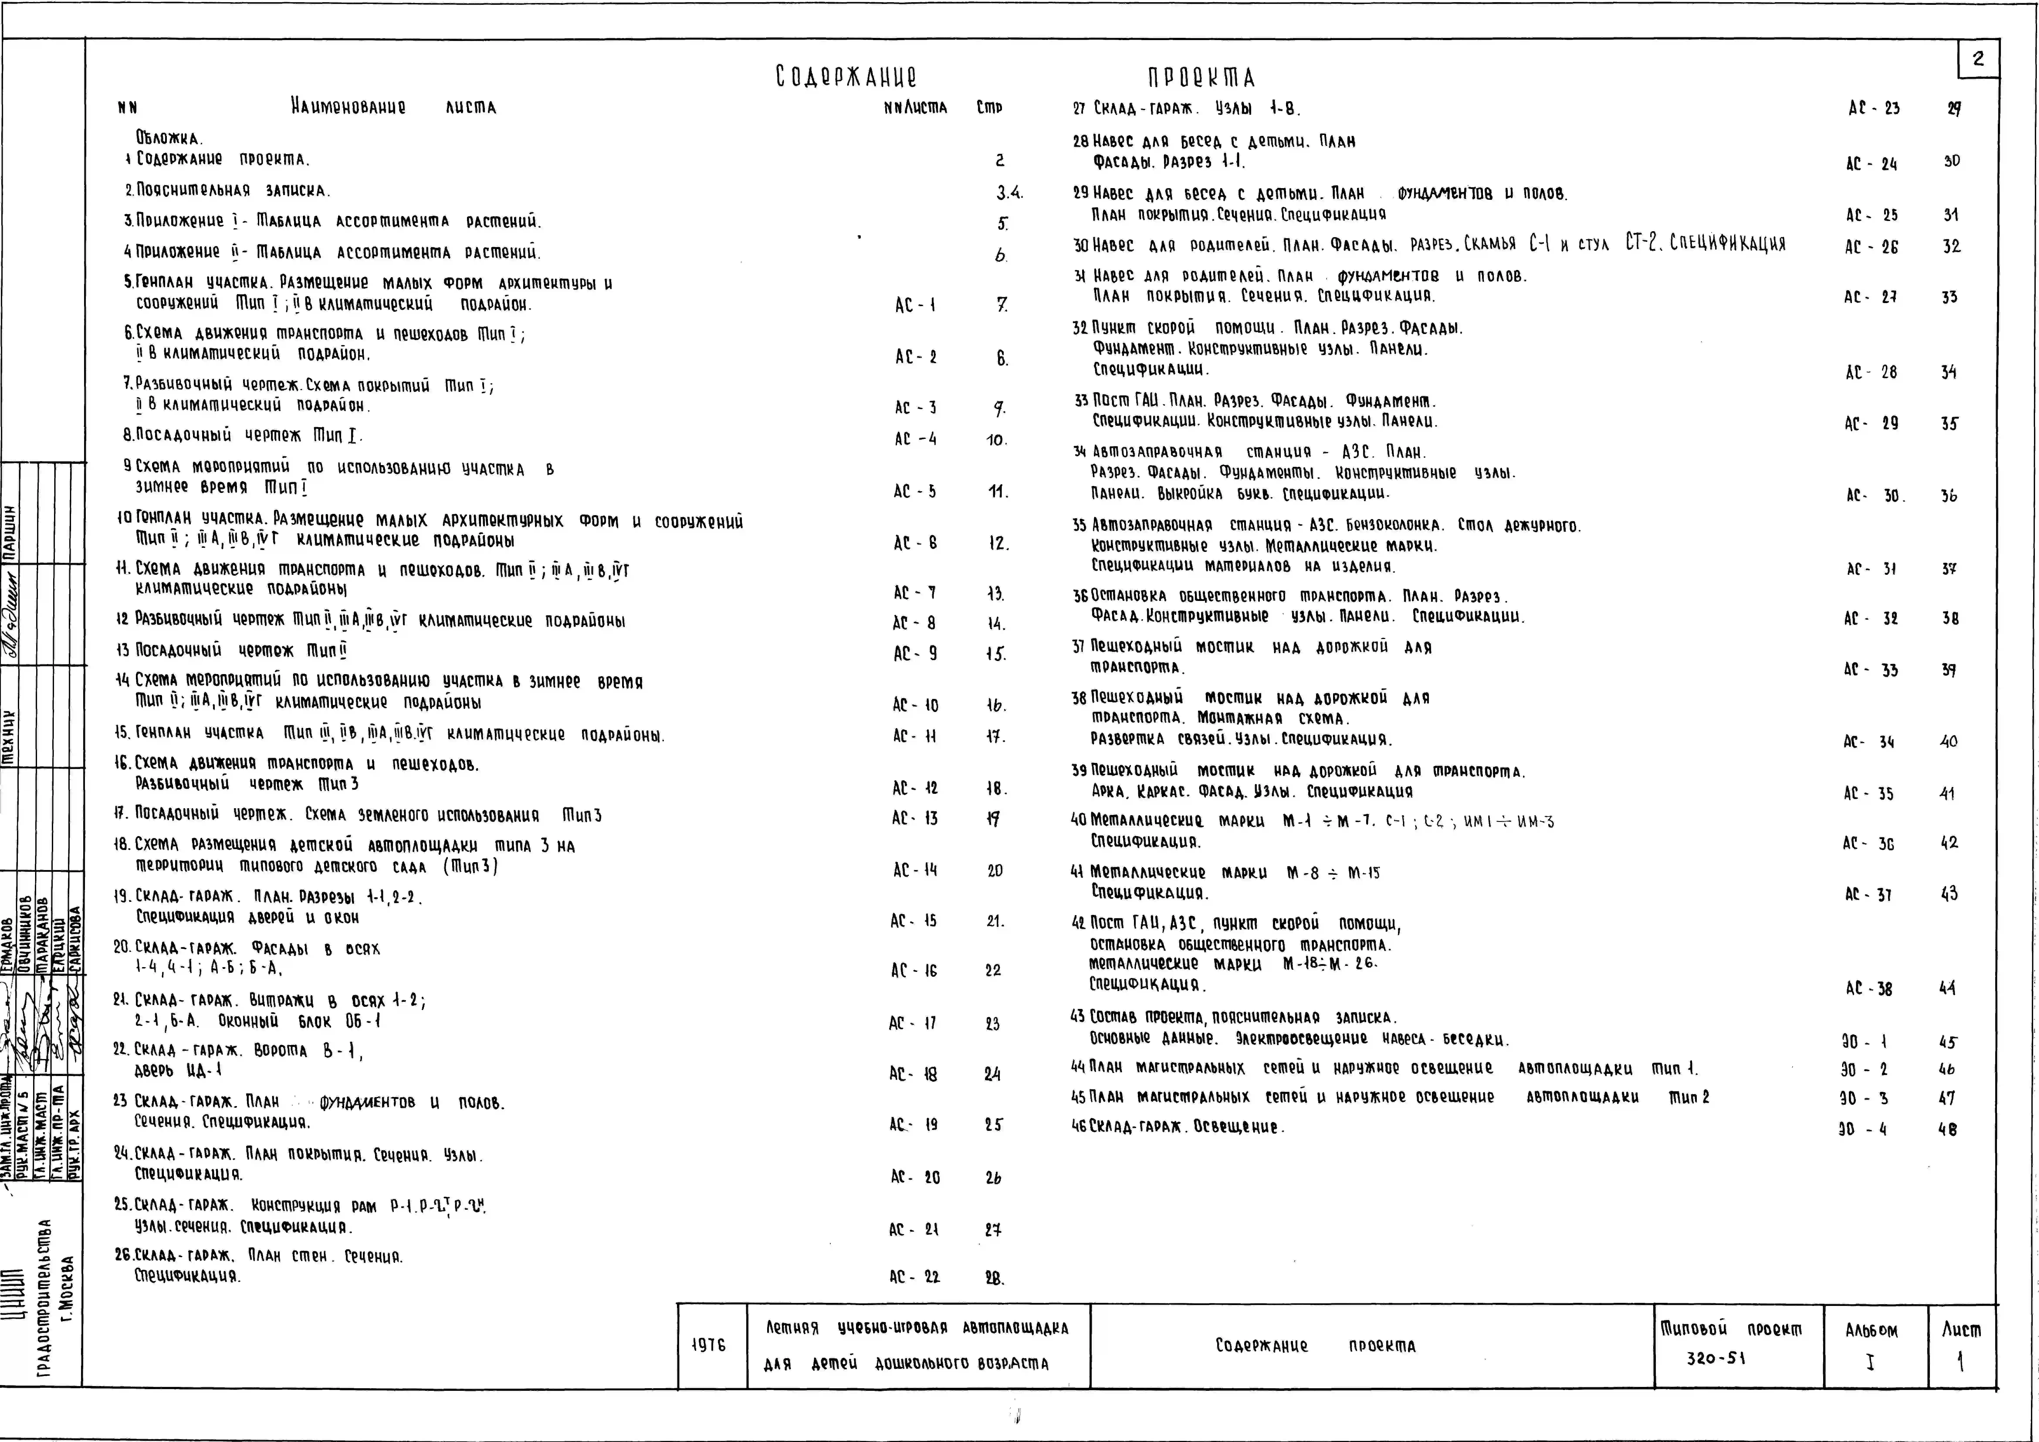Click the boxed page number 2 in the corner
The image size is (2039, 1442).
1978,59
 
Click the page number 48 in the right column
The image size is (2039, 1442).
1947,1129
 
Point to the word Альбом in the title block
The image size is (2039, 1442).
1871,1331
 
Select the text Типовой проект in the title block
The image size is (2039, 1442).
1731,1329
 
